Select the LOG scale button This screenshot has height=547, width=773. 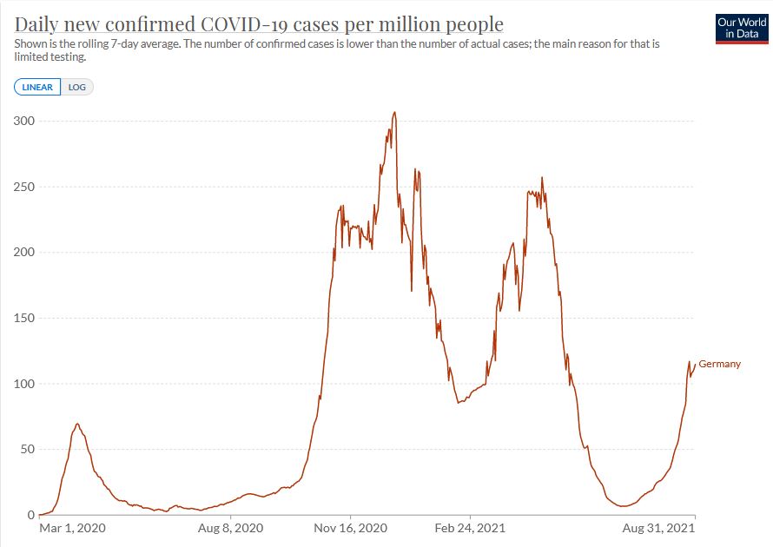(77, 87)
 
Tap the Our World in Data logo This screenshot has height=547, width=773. (741, 27)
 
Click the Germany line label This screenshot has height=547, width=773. (719, 364)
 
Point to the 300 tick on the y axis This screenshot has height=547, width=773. (23, 121)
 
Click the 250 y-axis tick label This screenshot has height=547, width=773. (23, 187)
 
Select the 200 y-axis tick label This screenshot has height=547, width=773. (23, 253)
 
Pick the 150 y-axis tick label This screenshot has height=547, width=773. (23, 319)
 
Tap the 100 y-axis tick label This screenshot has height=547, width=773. (23, 384)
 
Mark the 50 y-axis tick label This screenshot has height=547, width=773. (26, 450)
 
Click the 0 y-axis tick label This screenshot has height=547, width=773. (30, 515)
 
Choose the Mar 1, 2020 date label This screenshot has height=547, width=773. (72, 527)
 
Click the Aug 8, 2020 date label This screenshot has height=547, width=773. (230, 527)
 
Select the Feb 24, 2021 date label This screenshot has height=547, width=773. (471, 527)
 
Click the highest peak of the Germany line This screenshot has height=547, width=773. (394, 112)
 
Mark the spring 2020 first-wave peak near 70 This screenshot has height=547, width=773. (77, 424)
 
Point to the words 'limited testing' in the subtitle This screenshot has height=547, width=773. (50, 57)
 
